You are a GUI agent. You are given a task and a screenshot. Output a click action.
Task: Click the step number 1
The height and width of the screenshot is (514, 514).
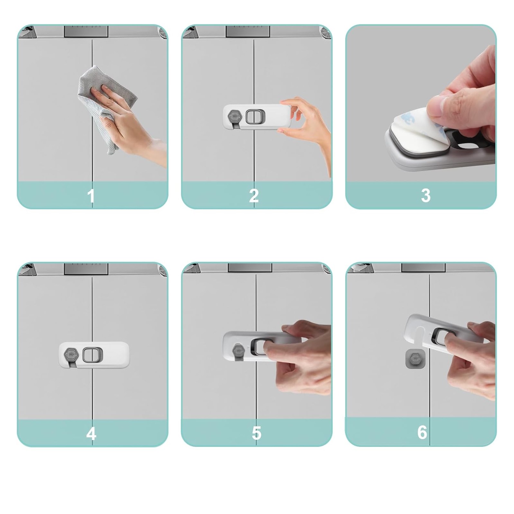click(x=91, y=196)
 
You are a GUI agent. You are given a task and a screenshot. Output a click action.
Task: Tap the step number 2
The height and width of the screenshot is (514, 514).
click(x=254, y=196)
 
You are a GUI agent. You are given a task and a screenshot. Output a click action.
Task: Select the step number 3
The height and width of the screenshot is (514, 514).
click(x=426, y=196)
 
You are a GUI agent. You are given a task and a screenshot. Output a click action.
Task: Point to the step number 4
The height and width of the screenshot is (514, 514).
click(x=91, y=434)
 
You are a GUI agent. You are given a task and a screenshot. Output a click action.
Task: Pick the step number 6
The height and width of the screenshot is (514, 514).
click(x=422, y=432)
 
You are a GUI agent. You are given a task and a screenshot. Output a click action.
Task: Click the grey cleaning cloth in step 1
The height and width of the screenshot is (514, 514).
click(x=106, y=106)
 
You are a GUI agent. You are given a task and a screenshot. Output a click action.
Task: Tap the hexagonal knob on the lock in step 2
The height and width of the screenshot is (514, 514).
click(x=234, y=116)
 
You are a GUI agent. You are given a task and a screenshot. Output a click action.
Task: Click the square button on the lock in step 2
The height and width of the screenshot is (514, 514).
click(x=255, y=116)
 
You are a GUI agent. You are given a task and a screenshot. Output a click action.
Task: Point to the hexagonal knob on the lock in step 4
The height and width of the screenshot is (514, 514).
click(x=71, y=355)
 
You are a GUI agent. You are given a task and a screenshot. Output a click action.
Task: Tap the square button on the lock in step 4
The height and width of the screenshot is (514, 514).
click(x=92, y=355)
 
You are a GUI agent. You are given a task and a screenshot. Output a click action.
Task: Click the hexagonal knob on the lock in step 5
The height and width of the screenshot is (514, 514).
click(x=238, y=350)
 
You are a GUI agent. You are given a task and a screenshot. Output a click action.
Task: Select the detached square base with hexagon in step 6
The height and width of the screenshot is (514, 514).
click(x=415, y=359)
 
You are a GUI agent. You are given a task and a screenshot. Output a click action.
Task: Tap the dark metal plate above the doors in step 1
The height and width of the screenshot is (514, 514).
click(x=86, y=31)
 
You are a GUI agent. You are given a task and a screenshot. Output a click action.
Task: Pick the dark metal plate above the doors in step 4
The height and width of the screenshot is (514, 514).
click(x=86, y=269)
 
